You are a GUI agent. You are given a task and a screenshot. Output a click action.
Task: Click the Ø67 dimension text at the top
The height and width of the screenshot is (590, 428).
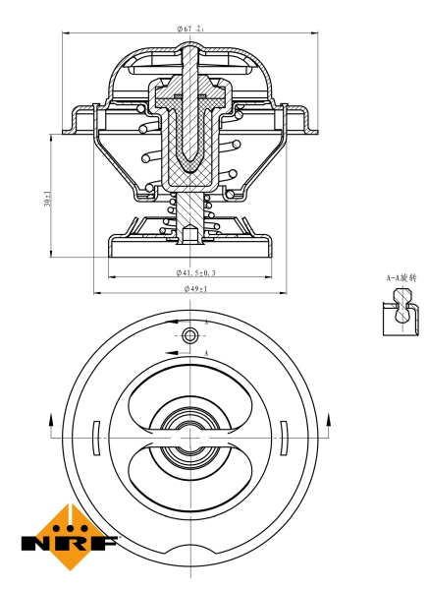click(190, 29)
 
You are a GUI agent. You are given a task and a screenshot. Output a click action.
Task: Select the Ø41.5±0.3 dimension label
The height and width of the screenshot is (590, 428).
click(196, 271)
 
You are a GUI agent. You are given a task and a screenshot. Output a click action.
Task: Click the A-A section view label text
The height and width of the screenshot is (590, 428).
click(401, 278)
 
